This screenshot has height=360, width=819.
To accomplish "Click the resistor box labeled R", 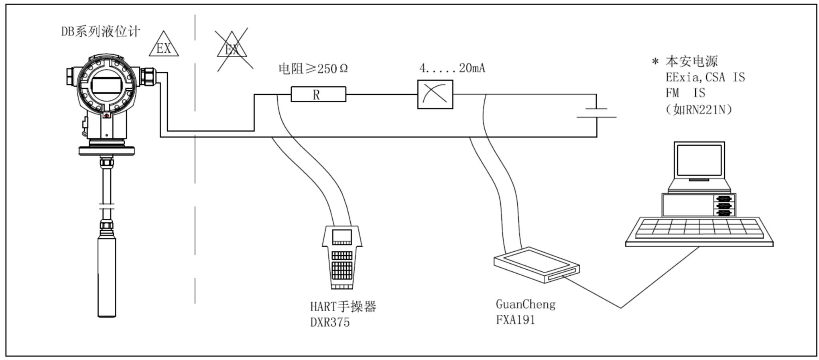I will (318, 94).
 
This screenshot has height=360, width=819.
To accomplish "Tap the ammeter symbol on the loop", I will (435, 94).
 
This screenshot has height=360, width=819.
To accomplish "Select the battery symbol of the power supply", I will (596, 113).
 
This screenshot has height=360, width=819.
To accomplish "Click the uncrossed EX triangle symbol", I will (164, 45).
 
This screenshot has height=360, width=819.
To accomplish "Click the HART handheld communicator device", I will (342, 257).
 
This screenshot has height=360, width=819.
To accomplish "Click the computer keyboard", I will (699, 231).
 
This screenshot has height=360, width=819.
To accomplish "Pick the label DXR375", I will (330, 322).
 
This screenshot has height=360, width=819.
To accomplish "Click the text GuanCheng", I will (526, 304).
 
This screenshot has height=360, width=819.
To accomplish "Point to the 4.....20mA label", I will (452, 68).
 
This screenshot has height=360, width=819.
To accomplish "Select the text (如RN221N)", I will (699, 109).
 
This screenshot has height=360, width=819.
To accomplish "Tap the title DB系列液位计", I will (101, 31).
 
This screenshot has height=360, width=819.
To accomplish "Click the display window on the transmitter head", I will (106, 85).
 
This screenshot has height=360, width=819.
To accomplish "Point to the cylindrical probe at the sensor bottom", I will (107, 277).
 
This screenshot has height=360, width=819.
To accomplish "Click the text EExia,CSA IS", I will (705, 77).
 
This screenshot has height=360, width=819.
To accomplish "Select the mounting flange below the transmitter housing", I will (106, 151).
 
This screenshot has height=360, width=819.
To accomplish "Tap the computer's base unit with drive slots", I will (699, 205).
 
